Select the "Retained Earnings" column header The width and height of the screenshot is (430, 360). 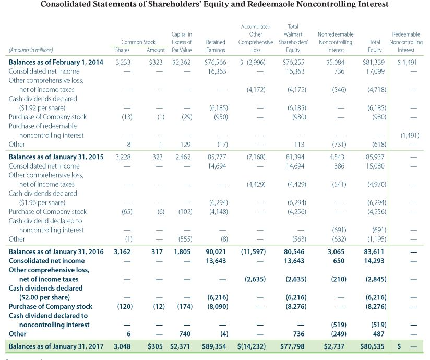pyautogui.click(x=216, y=46)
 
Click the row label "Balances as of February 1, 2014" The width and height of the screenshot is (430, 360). pyautogui.click(x=56, y=62)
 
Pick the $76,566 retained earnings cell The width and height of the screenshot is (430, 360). pyautogui.click(x=216, y=62)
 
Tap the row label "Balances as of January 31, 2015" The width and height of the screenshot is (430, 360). pyautogui.click(x=56, y=157)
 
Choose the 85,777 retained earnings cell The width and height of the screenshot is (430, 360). pyautogui.click(x=217, y=157)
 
